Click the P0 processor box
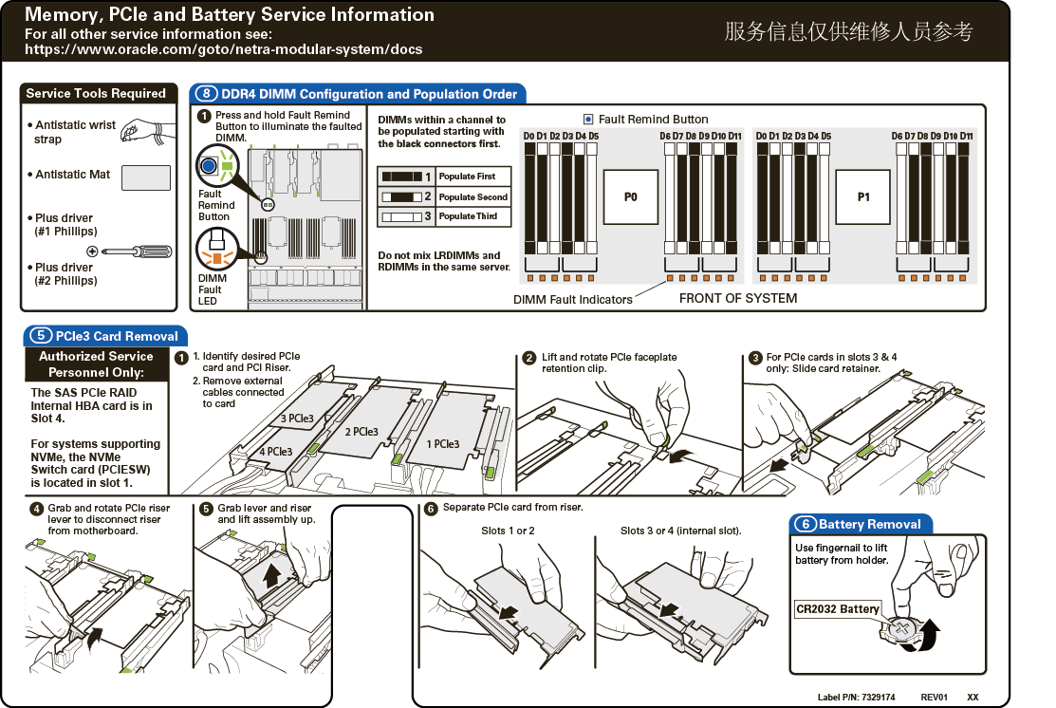click(x=631, y=197)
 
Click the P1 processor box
click(x=863, y=197)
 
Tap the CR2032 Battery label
click(x=838, y=608)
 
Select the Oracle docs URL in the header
click(x=223, y=49)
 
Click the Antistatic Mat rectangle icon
click(x=146, y=177)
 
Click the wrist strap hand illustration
click(x=145, y=130)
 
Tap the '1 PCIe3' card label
click(x=442, y=444)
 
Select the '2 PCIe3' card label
click(x=361, y=432)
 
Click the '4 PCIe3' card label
click(x=276, y=452)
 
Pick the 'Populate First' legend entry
click(x=444, y=177)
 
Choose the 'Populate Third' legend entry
click(x=444, y=216)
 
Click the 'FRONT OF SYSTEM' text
click(x=738, y=298)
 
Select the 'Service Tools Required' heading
click(x=96, y=93)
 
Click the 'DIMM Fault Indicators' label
click(x=572, y=299)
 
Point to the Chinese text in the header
click(x=848, y=31)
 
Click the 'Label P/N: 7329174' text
click(x=856, y=697)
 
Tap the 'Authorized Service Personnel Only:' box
click(x=96, y=364)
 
